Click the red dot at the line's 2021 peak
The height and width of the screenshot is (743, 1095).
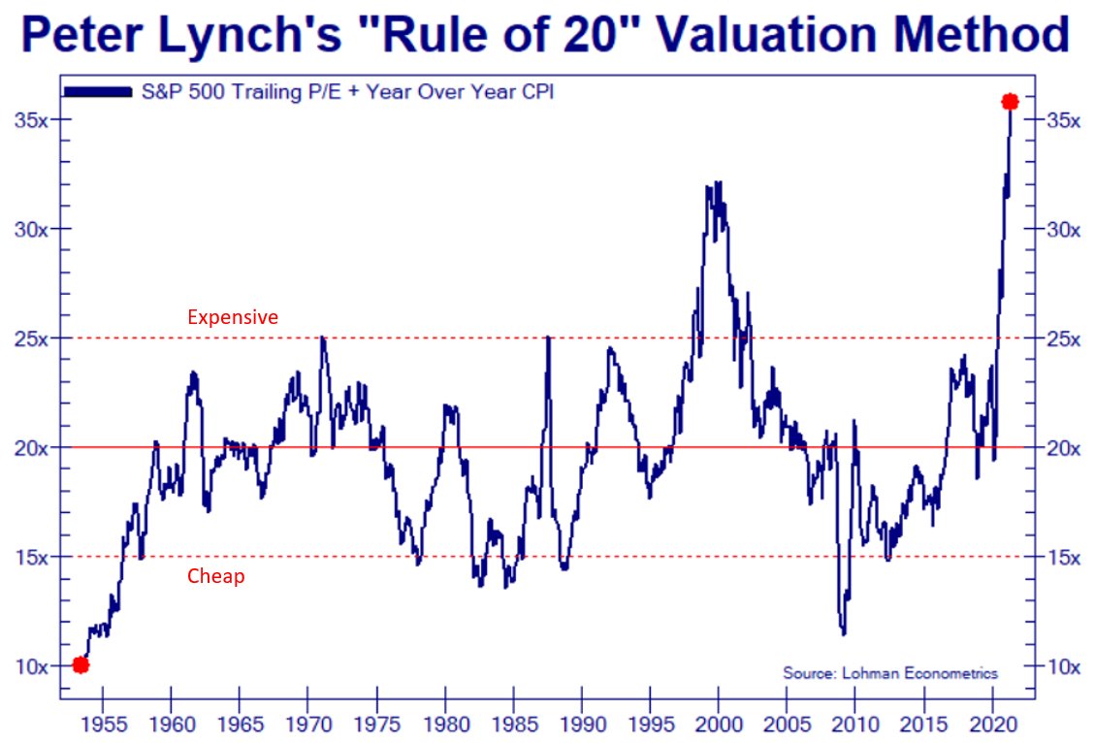[x=1010, y=102]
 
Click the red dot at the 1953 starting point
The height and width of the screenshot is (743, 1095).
[x=81, y=664]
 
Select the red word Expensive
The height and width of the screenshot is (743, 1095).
[x=232, y=317]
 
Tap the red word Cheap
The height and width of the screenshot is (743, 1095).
[x=215, y=576]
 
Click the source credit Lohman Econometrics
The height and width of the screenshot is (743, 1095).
[x=890, y=673]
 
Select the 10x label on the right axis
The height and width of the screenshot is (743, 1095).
[x=1060, y=666]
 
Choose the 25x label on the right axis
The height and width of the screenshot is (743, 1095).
[x=1060, y=339]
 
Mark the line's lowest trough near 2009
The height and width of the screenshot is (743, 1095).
[x=844, y=633]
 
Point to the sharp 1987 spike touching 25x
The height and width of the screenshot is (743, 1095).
[x=549, y=338]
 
